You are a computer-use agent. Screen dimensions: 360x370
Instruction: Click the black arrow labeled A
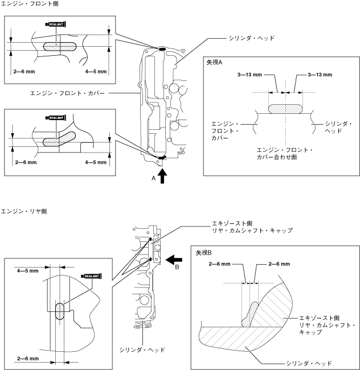coord(162,176)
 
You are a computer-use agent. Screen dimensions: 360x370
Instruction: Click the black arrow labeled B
coord(174,260)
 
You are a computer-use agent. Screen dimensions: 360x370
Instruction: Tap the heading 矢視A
coord(214,62)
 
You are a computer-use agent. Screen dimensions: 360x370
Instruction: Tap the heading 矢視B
coord(204,253)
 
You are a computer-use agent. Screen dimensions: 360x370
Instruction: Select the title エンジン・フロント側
coord(30,3)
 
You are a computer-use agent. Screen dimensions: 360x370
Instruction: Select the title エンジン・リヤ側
coord(24,211)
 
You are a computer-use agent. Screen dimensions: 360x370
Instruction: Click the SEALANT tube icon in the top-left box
coord(56,24)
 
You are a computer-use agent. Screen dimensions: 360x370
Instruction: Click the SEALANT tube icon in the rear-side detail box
coord(91,276)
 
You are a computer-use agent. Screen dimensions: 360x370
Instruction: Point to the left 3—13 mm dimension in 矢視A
coord(249,75)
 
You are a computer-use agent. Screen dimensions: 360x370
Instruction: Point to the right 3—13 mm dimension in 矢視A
coord(320,75)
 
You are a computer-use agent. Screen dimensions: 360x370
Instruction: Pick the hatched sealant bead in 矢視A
coord(285,109)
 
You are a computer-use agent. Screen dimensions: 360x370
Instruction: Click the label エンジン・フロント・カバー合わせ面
coord(284,154)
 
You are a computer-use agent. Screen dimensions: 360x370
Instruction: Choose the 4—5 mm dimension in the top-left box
coord(96,72)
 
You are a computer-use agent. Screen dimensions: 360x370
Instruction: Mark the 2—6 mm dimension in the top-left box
coord(24,72)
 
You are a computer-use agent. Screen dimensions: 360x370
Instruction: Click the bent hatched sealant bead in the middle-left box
coord(59,139)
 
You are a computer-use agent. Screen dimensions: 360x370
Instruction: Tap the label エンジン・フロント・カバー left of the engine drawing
coord(67,93)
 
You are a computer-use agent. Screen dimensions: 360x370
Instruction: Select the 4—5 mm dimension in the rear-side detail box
coord(27,271)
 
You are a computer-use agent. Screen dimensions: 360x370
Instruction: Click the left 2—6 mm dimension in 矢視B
coord(219,264)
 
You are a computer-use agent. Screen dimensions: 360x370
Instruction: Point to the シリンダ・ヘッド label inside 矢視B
coord(309,363)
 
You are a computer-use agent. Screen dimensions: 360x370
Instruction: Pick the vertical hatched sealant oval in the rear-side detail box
coord(59,311)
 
